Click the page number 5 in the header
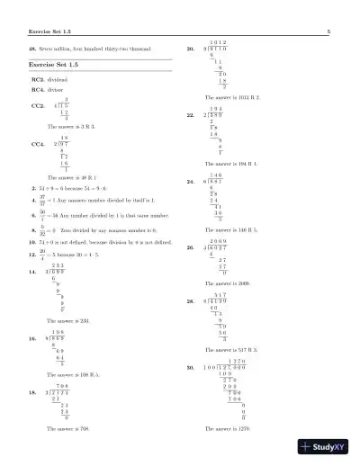pyautogui.click(x=329, y=31)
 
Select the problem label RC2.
pyautogui.click(x=38, y=80)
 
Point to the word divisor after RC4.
pyautogui.click(x=58, y=90)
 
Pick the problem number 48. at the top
pyautogui.click(x=33, y=48)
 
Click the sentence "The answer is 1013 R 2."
pyautogui.click(x=231, y=95)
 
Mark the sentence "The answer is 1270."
pyautogui.click(x=225, y=429)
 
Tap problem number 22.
pyautogui.click(x=190, y=116)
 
